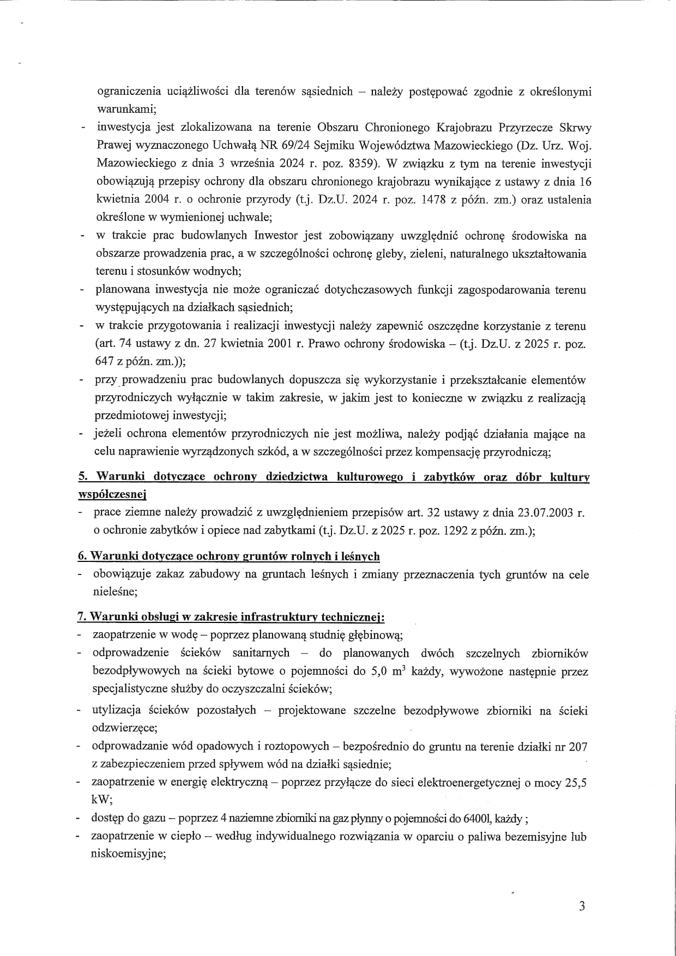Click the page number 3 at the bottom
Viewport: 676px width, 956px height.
(x=582, y=906)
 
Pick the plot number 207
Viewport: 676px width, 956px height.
(x=577, y=747)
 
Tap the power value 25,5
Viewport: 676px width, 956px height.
(x=576, y=783)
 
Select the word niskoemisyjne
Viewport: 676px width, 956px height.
(x=128, y=855)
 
